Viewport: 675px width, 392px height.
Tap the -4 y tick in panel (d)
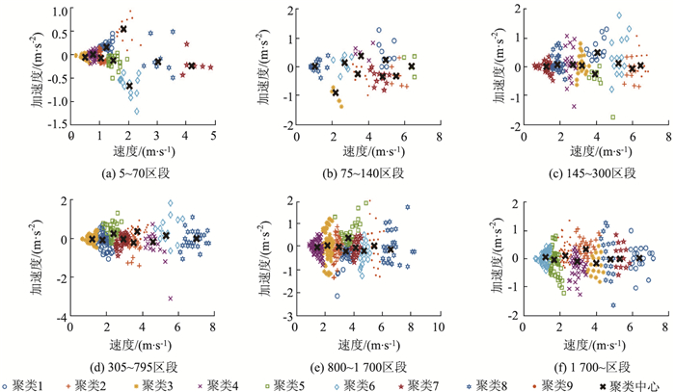pyautogui.click(x=62, y=317)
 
